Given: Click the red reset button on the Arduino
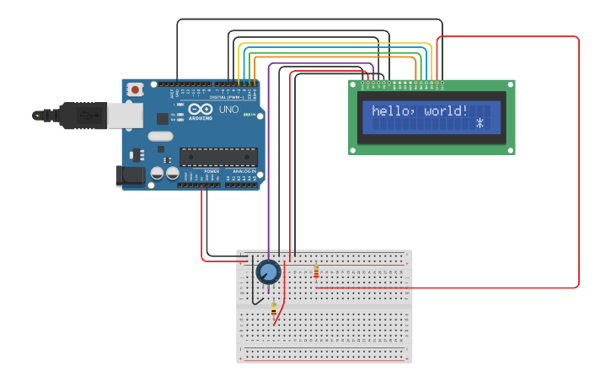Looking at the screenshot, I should tap(134, 89).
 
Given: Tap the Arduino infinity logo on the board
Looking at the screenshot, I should tap(201, 110).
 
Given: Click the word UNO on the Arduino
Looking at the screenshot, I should tap(228, 110).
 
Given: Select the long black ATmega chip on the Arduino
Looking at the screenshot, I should tap(218, 156).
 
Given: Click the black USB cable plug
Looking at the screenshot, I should tap(80, 116).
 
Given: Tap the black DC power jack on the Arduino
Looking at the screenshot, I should tap(127, 175).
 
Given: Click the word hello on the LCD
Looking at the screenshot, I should tap(389, 111).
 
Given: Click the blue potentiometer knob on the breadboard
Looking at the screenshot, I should tap(268, 272).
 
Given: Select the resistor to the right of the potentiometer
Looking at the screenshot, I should tap(316, 272).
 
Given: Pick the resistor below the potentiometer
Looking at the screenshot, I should tap(273, 311).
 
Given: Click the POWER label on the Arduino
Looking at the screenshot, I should tap(212, 171).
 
